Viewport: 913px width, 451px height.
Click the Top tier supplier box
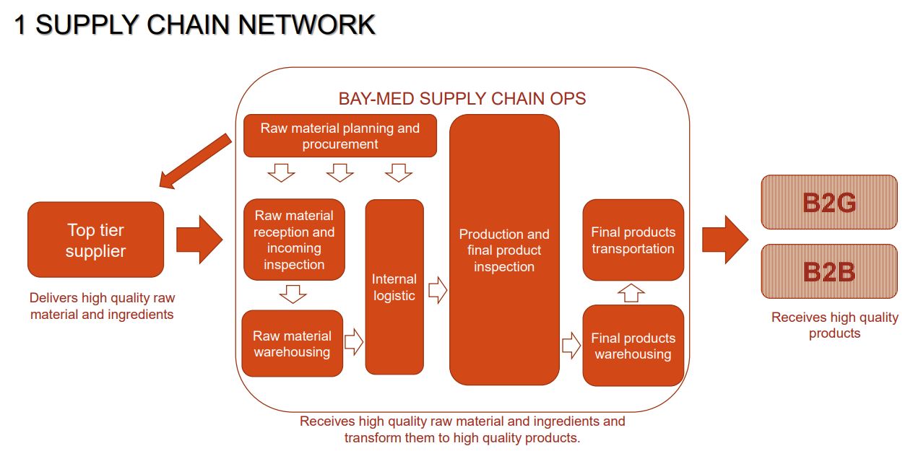point(95,240)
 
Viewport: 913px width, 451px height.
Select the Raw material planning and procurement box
point(339,136)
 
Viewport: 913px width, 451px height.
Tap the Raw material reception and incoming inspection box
point(294,240)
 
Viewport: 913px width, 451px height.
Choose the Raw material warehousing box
point(292,343)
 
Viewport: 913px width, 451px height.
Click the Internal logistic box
point(394,286)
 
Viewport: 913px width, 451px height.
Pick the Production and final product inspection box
point(504,250)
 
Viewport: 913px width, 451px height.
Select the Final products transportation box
point(633,240)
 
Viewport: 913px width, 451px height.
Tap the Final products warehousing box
point(633,346)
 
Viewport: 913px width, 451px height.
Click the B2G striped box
point(829,203)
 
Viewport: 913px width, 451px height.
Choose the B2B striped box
point(829,271)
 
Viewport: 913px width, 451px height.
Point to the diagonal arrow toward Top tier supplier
point(195,162)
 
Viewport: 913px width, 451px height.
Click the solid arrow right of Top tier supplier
point(199,240)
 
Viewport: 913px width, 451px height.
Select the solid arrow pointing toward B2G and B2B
point(725,240)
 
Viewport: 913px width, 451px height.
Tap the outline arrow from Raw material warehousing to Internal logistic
point(354,342)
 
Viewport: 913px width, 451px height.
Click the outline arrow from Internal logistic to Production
point(438,291)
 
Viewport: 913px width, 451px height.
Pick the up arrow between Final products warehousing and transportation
point(632,292)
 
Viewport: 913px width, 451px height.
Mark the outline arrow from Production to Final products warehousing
point(571,345)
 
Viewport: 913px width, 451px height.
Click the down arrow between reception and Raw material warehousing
point(293,294)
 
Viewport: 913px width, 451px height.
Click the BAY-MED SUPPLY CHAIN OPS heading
point(462,99)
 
